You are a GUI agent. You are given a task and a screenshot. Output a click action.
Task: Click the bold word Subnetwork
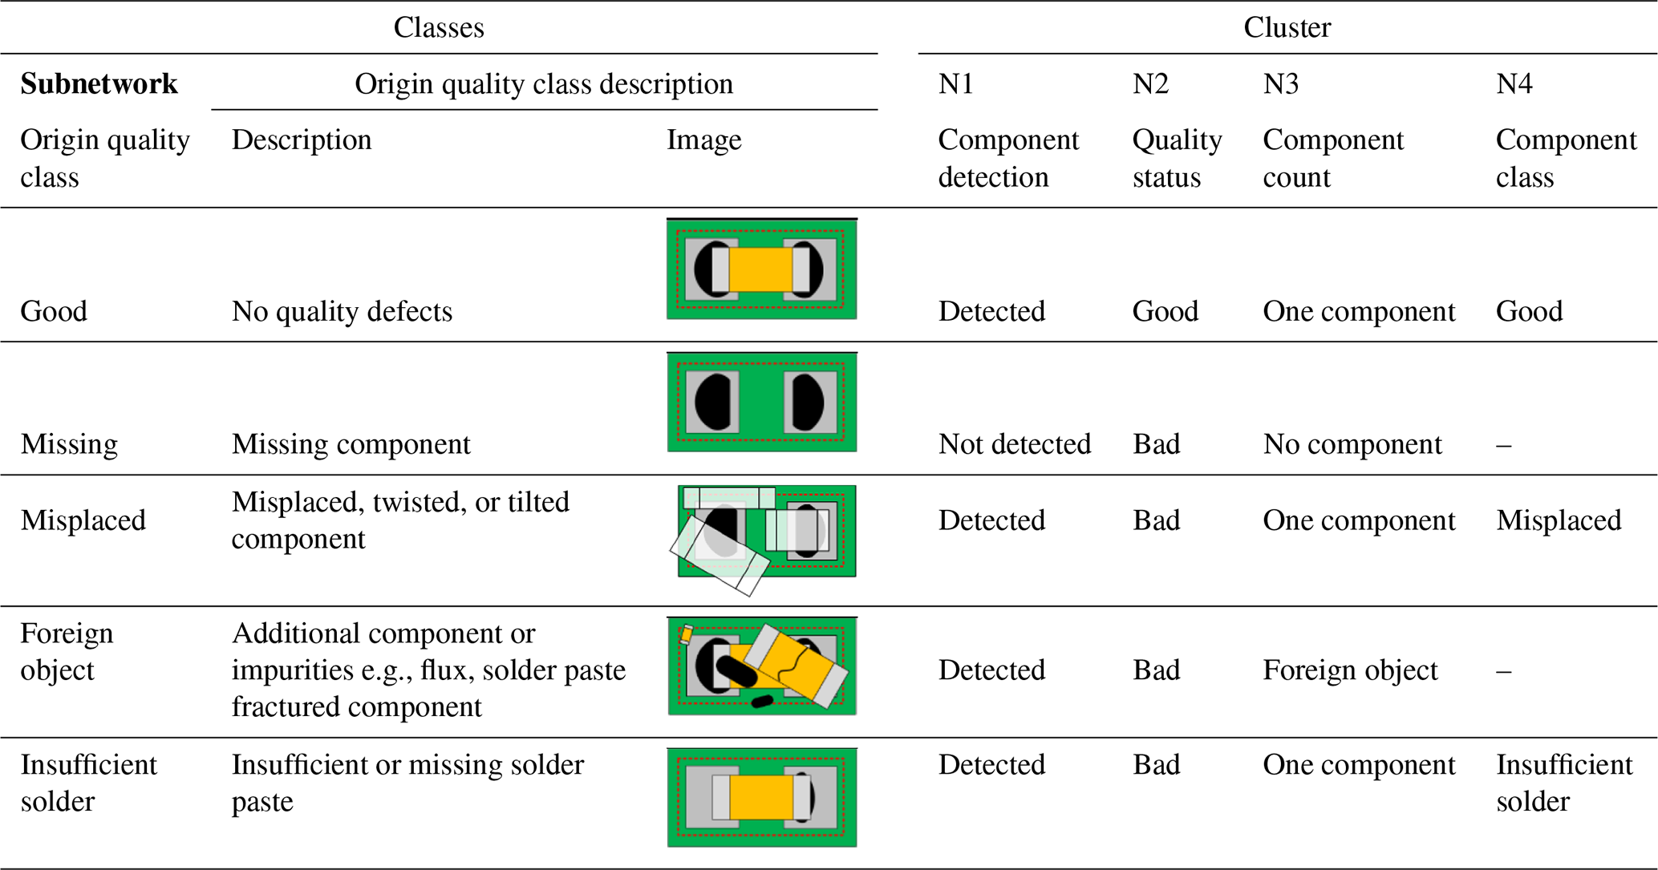(99, 83)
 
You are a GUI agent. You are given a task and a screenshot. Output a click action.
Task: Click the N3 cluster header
(1280, 83)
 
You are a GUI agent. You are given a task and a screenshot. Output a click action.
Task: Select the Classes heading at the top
(439, 27)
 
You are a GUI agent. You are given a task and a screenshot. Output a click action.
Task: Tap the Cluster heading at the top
(1287, 27)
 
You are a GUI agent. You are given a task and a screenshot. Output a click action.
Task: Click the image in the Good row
(761, 269)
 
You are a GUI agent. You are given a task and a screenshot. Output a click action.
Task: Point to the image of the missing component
(761, 402)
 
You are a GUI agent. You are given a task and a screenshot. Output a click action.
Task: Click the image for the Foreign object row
(761, 666)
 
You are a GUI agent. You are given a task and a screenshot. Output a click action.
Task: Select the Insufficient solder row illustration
(761, 798)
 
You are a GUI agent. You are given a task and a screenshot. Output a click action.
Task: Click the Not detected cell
(1014, 443)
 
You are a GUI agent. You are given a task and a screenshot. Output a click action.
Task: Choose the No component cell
(1352, 443)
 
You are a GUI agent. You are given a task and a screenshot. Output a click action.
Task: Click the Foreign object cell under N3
(1350, 670)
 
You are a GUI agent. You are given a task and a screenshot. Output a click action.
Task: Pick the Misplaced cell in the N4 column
(1559, 520)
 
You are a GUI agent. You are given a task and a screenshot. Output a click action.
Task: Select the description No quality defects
(342, 311)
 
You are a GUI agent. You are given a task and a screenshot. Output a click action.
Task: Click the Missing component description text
(351, 443)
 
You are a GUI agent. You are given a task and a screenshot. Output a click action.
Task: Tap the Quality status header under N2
(1177, 158)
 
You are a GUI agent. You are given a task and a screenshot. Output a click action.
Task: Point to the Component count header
(1333, 158)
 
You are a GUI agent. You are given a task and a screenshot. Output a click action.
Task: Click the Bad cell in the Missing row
(1156, 443)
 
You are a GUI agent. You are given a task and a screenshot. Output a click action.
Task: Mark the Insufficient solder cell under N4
(1564, 783)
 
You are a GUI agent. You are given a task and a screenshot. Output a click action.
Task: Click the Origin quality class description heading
(543, 83)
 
